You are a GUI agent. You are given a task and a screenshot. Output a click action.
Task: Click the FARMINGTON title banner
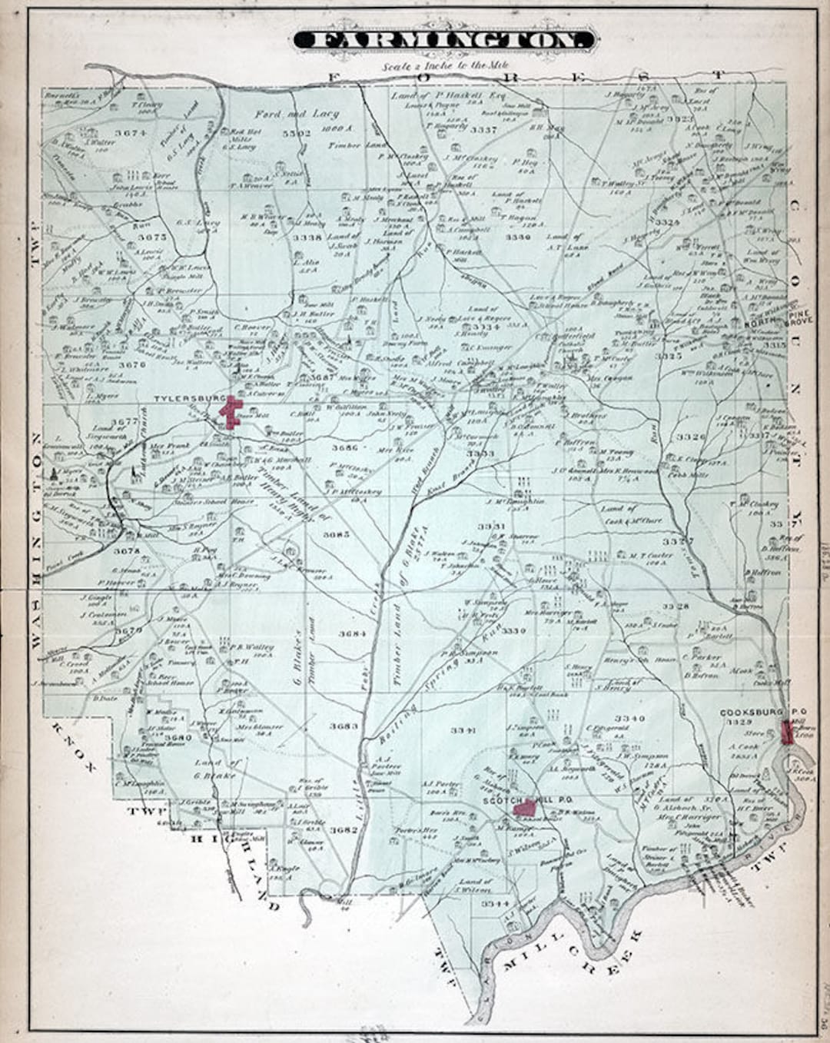tap(443, 41)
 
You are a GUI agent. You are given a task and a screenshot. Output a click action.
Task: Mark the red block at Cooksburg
tap(787, 732)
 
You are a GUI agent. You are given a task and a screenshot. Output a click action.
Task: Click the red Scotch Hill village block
tap(525, 807)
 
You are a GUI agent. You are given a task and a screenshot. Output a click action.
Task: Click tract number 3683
tap(344, 726)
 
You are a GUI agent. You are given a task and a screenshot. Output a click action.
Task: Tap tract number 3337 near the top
tap(483, 129)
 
